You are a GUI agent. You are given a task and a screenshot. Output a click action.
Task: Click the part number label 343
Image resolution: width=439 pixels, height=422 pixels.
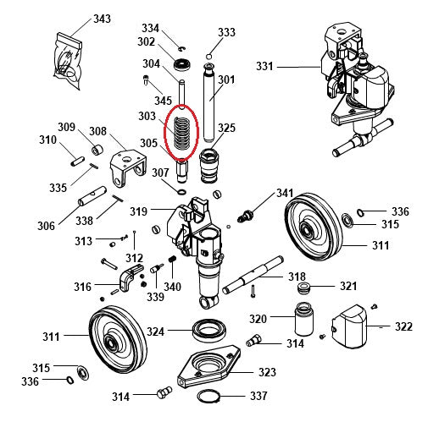click(102, 19)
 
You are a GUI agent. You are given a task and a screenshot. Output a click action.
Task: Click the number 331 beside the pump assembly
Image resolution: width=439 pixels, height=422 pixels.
click(265, 66)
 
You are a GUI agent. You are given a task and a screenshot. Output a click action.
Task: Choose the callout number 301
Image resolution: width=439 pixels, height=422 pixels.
click(226, 80)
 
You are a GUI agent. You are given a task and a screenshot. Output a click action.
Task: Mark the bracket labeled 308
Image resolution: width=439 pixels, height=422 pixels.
click(124, 167)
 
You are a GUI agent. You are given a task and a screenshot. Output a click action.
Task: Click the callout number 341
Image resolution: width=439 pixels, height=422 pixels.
click(284, 194)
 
